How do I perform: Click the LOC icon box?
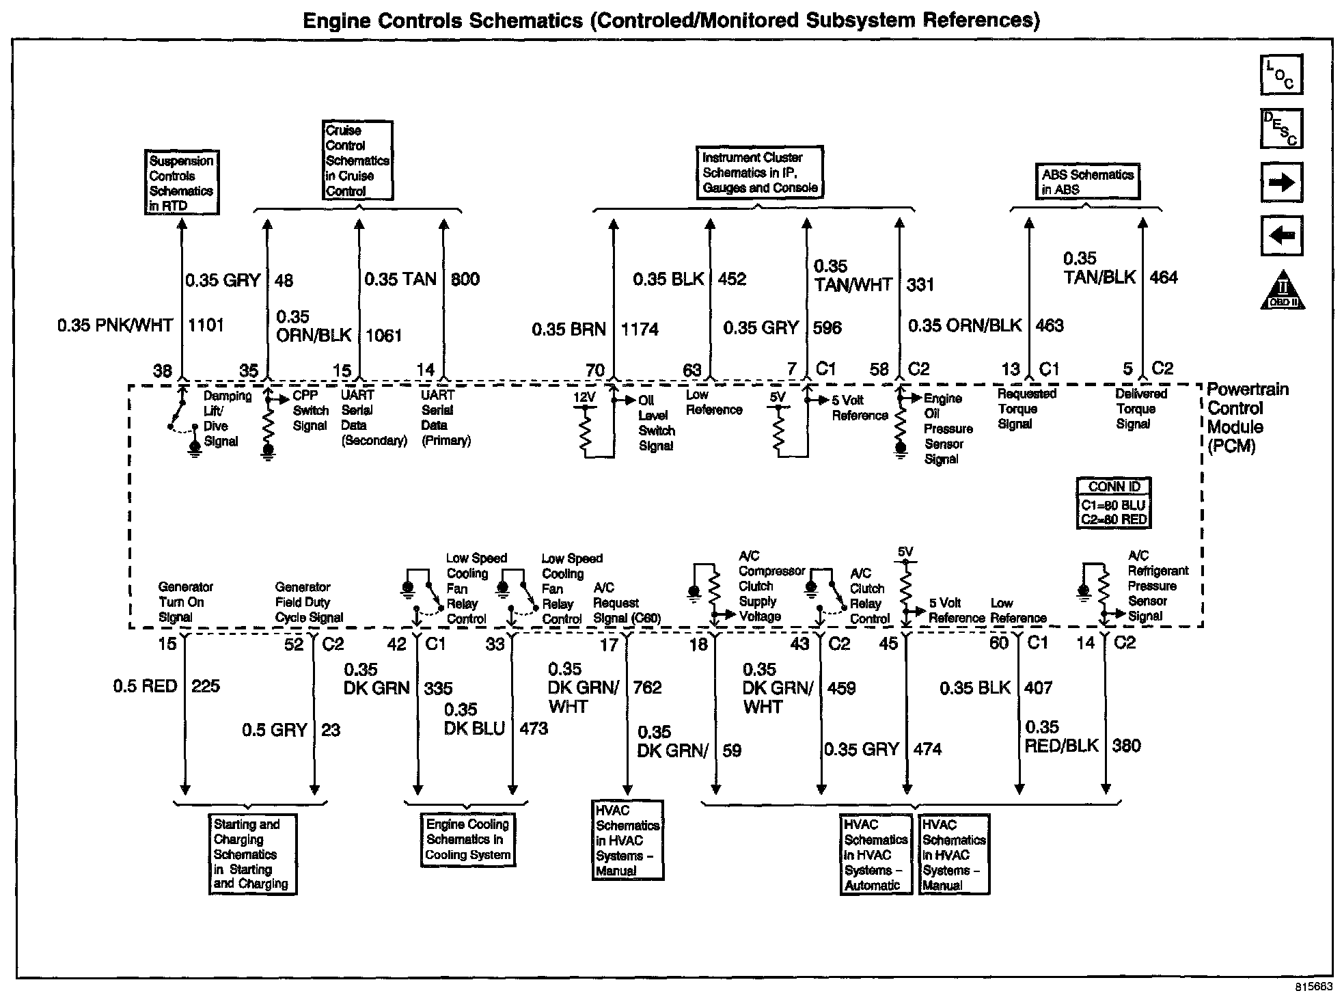click(1281, 75)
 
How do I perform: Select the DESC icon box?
click(1281, 128)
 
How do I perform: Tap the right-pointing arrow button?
click(1281, 182)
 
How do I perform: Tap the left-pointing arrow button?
click(1281, 236)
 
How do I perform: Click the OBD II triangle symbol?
click(1282, 290)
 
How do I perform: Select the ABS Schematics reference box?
click(1087, 182)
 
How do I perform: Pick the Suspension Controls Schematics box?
click(181, 183)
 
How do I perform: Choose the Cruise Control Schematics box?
click(357, 161)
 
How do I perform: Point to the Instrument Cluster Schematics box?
click(759, 173)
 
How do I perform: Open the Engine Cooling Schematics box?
click(468, 840)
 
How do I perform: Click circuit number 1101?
click(206, 325)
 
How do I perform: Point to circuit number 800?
click(465, 279)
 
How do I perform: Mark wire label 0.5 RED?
click(145, 686)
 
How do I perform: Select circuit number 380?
click(1126, 746)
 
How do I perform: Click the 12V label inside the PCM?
click(585, 398)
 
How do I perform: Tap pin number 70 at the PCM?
click(594, 370)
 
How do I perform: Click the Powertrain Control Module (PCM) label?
click(1247, 418)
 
